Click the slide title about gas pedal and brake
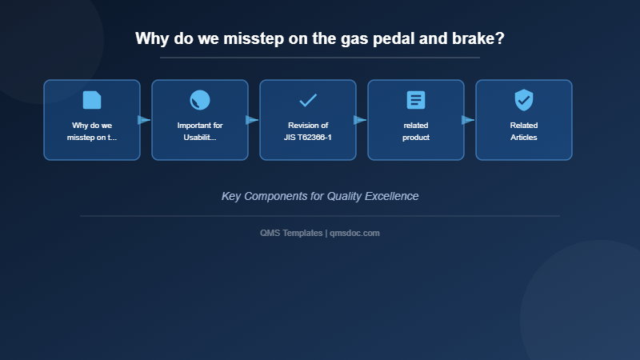pos(319,38)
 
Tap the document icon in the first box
pos(92,100)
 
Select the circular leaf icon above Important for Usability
pos(200,100)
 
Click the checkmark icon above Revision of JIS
pos(308,100)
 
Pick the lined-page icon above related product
pos(416,100)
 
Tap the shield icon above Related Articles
pos(524,100)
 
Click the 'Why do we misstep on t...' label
pos(92,131)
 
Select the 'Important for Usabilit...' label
pos(200,131)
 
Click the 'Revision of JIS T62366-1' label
pos(308,131)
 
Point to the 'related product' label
pos(416,131)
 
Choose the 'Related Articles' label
pos(524,131)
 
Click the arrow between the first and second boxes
pos(144,120)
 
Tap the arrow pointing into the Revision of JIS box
pos(252,120)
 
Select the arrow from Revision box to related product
pos(360,120)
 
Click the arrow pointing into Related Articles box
pos(468,120)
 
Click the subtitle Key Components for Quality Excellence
pos(320,196)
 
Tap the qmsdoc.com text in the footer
pos(354,233)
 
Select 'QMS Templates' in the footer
pos(291,233)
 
